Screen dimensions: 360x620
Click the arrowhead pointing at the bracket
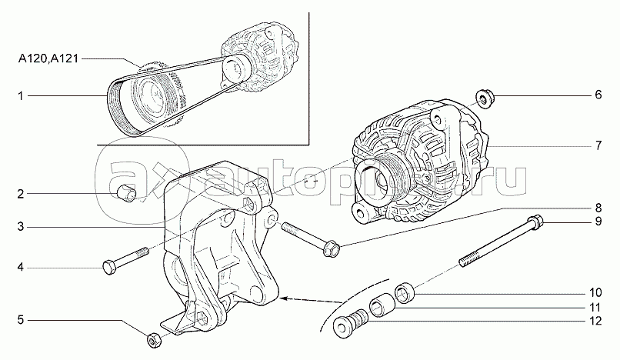[x=282, y=297]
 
